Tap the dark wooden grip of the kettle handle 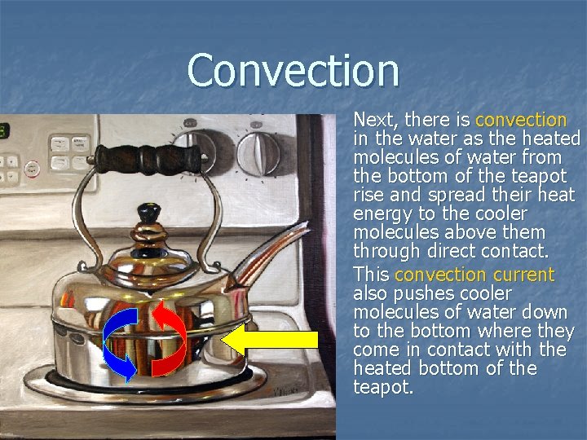point(148,157)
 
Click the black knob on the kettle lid point(148,213)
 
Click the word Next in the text point(372,120)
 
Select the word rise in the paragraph point(369,196)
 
